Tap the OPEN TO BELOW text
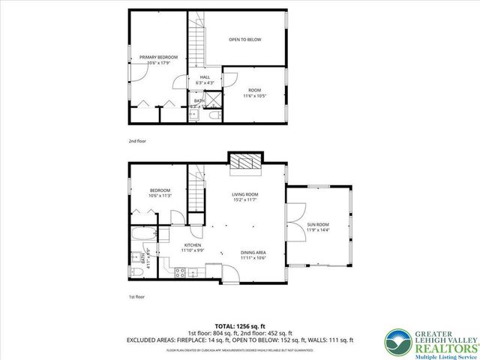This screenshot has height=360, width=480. coord(244,39)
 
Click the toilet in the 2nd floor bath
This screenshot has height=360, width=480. coord(214,115)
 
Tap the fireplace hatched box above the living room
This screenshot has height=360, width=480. coord(244,163)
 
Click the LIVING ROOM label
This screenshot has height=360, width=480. coord(244,196)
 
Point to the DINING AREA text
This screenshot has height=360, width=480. coord(253,255)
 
